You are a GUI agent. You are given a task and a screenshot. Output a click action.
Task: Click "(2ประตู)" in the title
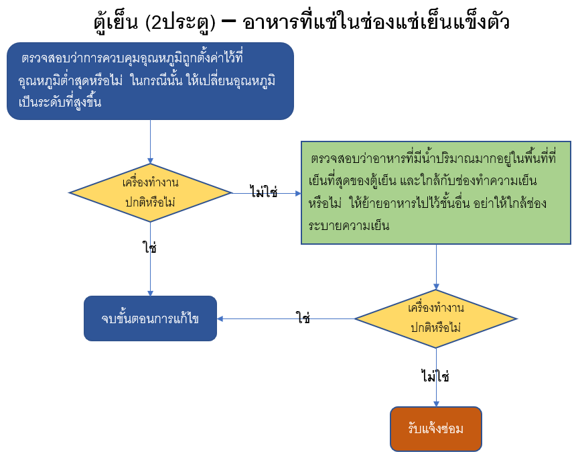(180, 23)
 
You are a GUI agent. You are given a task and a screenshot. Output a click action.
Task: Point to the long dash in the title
(229, 21)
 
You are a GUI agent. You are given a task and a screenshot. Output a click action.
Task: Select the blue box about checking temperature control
(150, 81)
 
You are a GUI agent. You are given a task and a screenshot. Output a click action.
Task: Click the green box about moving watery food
(435, 193)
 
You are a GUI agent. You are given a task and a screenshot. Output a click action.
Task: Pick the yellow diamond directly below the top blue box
(150, 193)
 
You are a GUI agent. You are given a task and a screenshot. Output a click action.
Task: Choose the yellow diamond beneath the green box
(436, 319)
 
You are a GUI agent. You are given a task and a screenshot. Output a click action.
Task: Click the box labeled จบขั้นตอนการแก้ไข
(150, 318)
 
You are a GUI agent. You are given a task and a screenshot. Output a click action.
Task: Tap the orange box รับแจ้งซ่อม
(435, 429)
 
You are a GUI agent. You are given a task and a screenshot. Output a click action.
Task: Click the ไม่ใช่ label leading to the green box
(264, 191)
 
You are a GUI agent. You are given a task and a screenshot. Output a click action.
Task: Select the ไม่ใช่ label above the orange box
(435, 376)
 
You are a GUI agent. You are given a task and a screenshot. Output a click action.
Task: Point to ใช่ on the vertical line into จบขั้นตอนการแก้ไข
(150, 247)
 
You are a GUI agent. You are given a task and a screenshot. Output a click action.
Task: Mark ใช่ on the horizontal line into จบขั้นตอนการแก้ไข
(303, 317)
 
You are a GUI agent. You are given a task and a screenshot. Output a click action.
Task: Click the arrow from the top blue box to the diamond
(150, 142)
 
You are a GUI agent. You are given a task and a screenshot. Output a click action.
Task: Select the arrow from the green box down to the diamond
(436, 267)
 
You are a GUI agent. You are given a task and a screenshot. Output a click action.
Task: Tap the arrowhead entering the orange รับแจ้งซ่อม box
(436, 404)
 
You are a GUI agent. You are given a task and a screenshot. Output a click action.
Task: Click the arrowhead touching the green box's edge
(298, 193)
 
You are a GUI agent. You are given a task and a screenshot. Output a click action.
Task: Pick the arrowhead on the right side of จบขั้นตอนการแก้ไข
(220, 319)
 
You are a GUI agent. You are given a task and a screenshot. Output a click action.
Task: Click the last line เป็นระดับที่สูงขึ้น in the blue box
(60, 102)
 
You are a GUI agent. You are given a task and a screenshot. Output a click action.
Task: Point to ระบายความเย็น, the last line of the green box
(349, 225)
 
